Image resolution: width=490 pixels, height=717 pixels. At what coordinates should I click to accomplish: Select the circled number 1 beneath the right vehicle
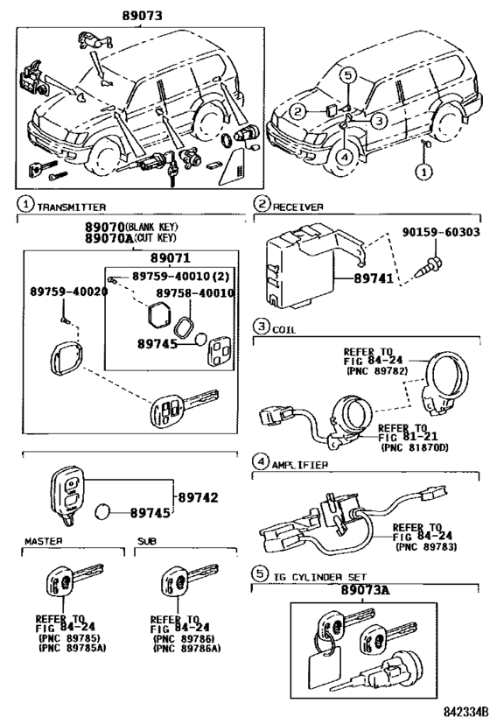point(422,172)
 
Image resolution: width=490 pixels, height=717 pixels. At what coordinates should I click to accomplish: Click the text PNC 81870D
point(414,446)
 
